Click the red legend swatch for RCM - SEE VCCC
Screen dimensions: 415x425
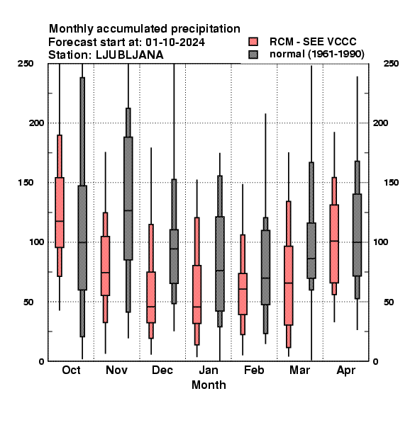pos(253,42)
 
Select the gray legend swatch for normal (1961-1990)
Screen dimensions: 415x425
pos(253,55)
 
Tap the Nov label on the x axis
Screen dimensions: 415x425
pos(117,370)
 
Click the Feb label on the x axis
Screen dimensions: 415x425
pos(254,370)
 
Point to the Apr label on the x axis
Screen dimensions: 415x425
pos(345,370)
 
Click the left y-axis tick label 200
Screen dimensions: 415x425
pos(36,123)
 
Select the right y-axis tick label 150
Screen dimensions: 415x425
pos(392,183)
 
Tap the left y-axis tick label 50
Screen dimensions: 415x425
pos(28,302)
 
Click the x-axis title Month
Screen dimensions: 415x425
pos(209,385)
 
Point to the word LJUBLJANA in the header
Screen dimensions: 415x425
pos(130,55)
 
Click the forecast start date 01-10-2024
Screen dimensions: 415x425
pos(175,42)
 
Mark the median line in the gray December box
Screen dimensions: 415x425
pos(174,249)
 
